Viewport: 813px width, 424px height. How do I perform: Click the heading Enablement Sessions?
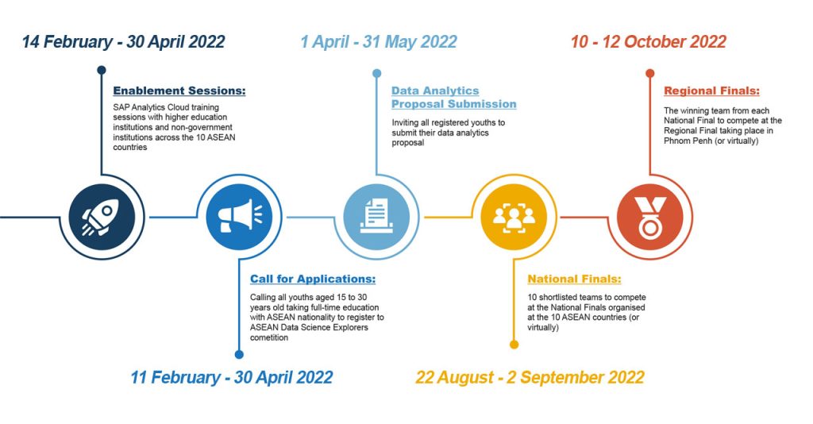179,91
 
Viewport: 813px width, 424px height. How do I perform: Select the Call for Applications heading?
313,279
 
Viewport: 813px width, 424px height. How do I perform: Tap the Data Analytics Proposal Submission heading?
453,98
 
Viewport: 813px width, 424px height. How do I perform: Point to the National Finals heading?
574,279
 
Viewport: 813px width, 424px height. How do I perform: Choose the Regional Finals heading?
711,91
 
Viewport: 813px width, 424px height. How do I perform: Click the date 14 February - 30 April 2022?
123,42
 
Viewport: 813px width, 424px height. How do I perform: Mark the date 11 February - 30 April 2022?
231,377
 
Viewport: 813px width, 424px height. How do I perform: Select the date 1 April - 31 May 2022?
378,42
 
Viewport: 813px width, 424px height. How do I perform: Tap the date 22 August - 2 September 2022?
530,377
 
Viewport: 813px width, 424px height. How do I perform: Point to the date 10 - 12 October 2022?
648,42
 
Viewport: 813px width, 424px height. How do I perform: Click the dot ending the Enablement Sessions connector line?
102,70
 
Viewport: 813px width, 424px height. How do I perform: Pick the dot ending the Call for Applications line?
239,355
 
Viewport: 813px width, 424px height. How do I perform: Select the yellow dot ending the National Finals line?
514,345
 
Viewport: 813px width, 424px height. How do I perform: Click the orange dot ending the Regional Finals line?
650,73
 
